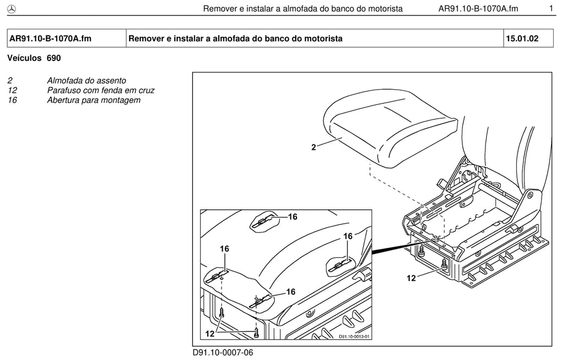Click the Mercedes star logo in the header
point(12,9)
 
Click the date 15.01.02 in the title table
point(522,38)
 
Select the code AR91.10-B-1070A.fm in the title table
point(50,38)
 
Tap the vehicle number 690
point(54,58)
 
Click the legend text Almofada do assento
point(86,81)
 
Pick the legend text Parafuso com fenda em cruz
point(101,91)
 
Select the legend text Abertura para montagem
point(93,100)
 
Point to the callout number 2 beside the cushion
point(313,147)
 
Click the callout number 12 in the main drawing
point(411,278)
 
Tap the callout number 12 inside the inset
point(209,334)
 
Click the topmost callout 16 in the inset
point(292,217)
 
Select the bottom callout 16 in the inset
point(291,292)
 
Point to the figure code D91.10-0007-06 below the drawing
point(223,353)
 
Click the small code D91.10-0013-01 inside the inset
point(354,337)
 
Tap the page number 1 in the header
point(551,8)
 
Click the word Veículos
point(24,58)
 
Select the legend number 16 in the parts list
point(12,100)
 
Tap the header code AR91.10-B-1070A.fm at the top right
point(478,9)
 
